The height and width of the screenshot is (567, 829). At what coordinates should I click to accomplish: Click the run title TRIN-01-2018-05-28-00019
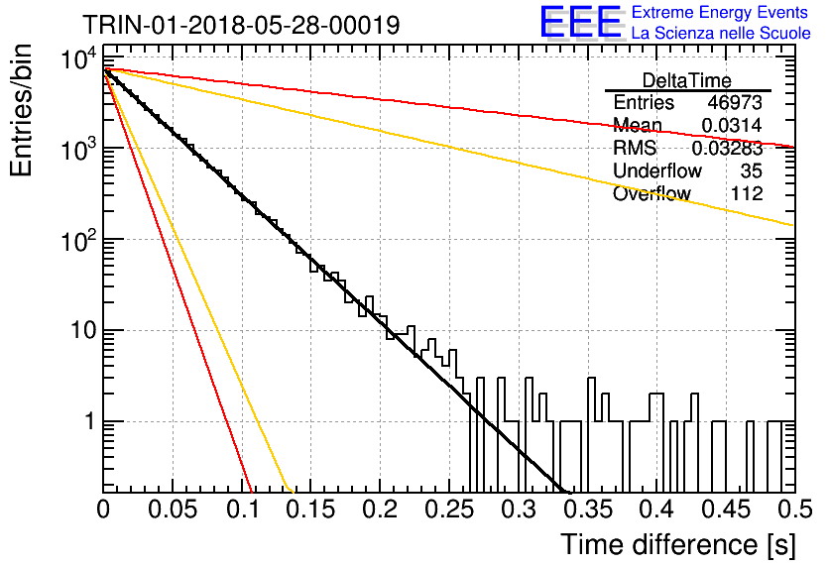pos(241,25)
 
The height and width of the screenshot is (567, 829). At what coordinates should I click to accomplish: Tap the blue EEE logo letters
pos(581,22)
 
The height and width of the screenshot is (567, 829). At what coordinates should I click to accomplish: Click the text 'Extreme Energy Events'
pos(720,12)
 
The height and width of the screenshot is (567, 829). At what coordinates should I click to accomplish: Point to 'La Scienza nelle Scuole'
pos(721,34)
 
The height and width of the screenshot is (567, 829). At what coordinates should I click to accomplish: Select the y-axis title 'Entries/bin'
pos(22,111)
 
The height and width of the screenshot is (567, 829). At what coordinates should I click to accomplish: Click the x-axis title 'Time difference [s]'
pos(678,545)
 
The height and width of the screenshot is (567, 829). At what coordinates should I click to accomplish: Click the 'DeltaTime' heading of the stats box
pos(687,80)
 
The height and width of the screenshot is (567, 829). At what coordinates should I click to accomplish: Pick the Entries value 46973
pos(735,102)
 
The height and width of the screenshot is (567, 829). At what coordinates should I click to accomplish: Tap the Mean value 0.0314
pos(732,125)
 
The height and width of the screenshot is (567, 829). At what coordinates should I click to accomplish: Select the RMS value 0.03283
pos(728,148)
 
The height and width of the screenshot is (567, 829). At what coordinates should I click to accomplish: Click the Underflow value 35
pos(751,170)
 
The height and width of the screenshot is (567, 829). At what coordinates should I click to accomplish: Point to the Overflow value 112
pos(747,193)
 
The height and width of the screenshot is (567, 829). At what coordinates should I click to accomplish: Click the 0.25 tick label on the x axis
pos(449,510)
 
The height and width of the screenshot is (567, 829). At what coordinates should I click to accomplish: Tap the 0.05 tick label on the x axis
pos(173,510)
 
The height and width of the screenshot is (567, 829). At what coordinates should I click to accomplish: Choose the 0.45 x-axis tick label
pos(726,510)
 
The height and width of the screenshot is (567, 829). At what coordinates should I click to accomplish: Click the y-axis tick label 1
pos(90,421)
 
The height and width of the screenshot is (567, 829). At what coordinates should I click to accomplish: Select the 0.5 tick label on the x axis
pos(795,510)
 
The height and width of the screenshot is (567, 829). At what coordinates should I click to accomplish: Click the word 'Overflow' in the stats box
pos(651,193)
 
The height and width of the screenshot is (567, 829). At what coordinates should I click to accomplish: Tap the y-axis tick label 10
pos(84,331)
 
